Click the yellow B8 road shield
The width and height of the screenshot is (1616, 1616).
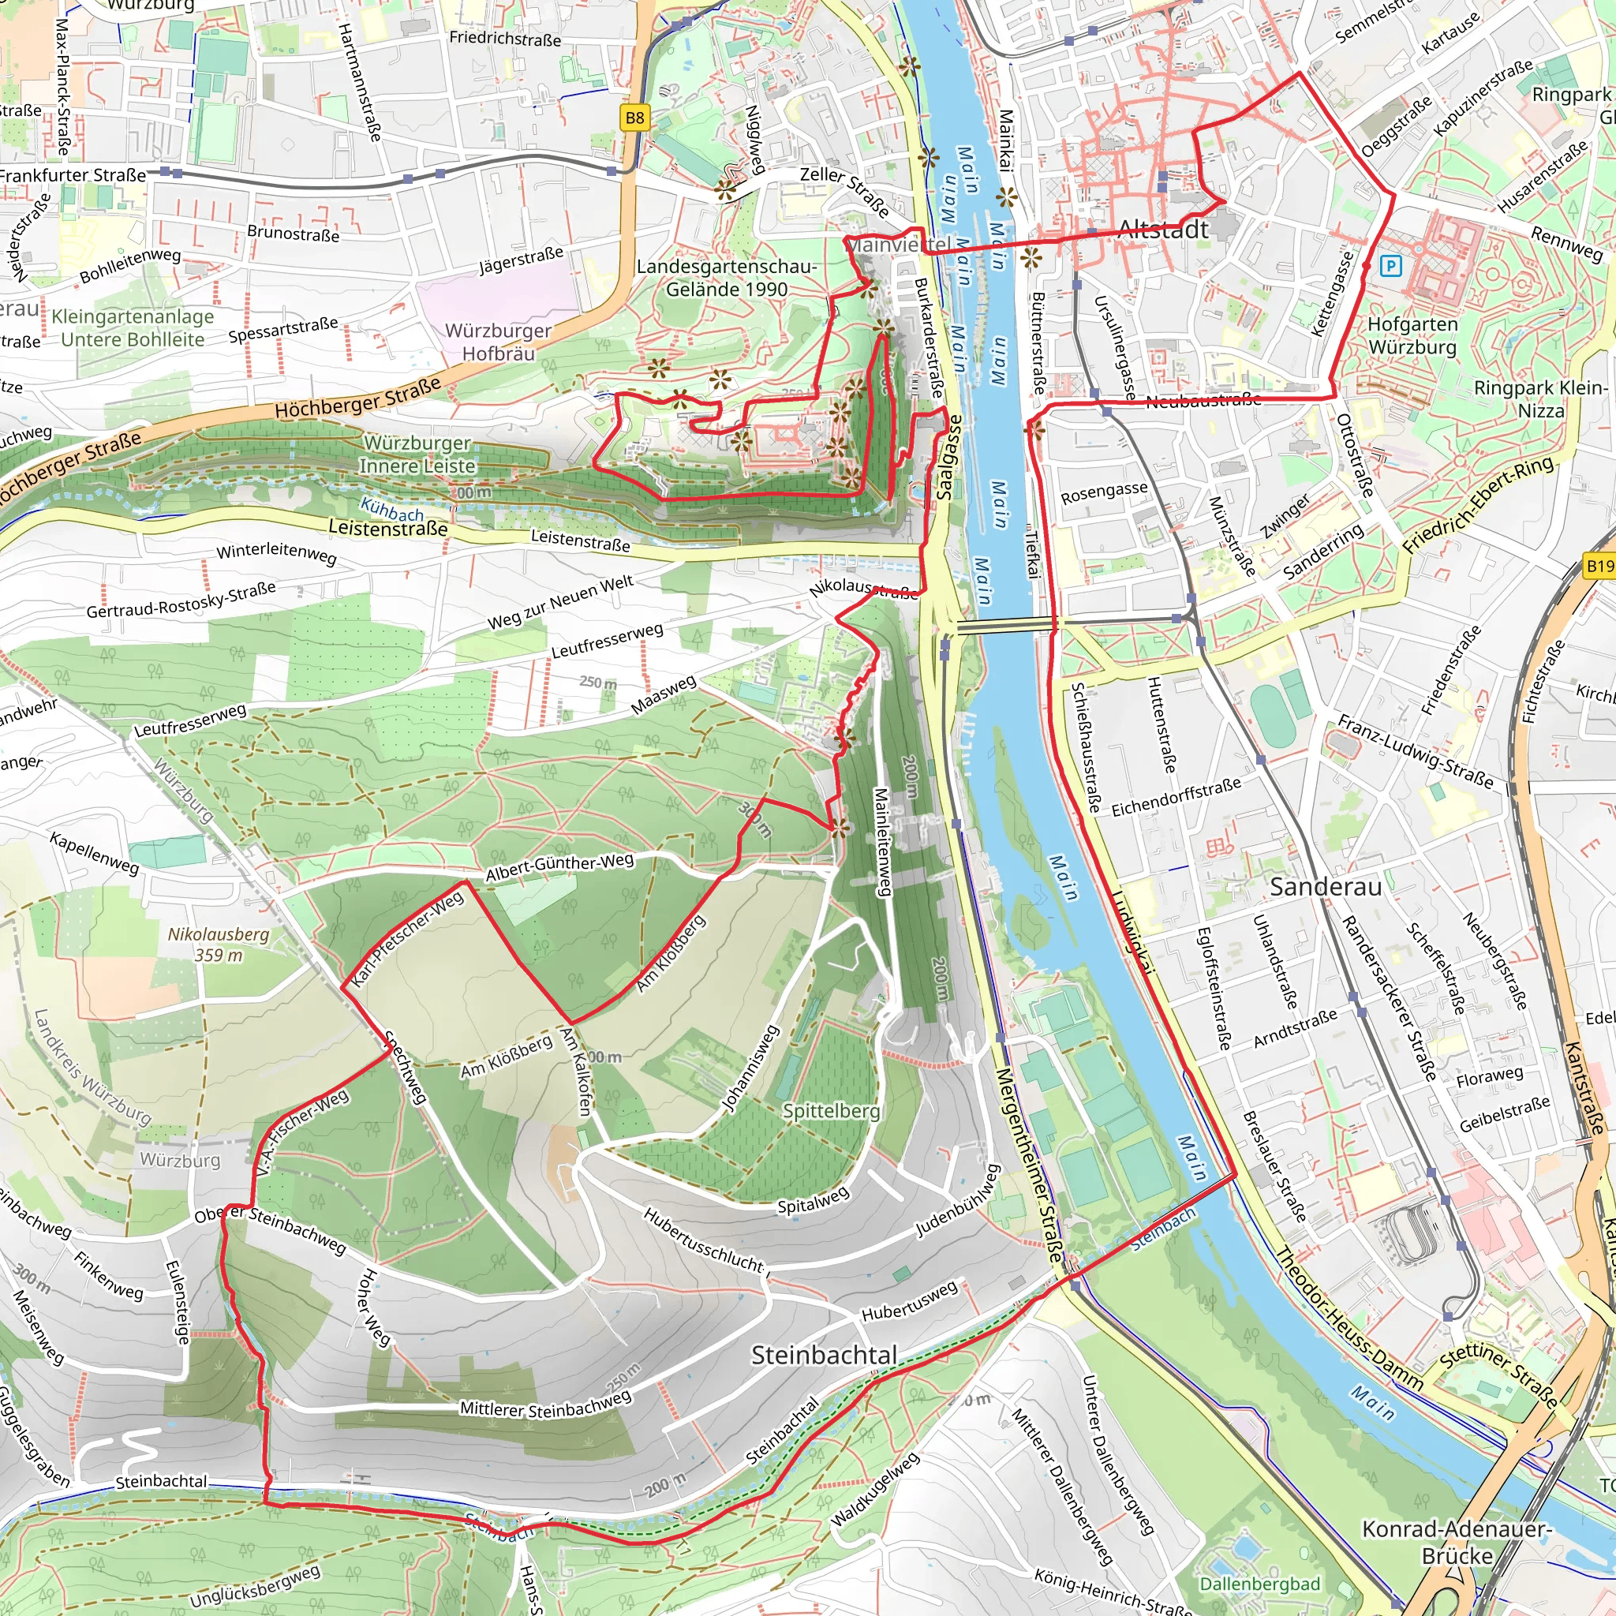click(x=635, y=118)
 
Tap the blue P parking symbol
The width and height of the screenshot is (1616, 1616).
click(x=1390, y=267)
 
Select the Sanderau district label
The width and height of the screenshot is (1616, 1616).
click(x=1325, y=887)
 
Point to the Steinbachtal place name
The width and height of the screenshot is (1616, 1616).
click(x=824, y=1355)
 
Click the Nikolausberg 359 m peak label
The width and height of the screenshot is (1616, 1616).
click(x=218, y=945)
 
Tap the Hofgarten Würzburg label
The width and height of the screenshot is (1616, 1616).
click(x=1412, y=335)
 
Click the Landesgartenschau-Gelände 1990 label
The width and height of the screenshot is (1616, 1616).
click(x=726, y=278)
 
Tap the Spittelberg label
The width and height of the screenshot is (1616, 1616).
click(x=832, y=1111)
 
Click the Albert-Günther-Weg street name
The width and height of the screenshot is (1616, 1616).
click(x=559, y=867)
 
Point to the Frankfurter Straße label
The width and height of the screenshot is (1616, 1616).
click(x=73, y=175)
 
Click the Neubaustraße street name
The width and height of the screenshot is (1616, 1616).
click(x=1203, y=401)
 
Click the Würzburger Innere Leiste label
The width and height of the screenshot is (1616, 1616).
click(x=417, y=454)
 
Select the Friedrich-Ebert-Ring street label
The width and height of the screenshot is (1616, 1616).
click(x=1478, y=504)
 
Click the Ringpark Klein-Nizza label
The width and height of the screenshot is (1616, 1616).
click(x=1539, y=399)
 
